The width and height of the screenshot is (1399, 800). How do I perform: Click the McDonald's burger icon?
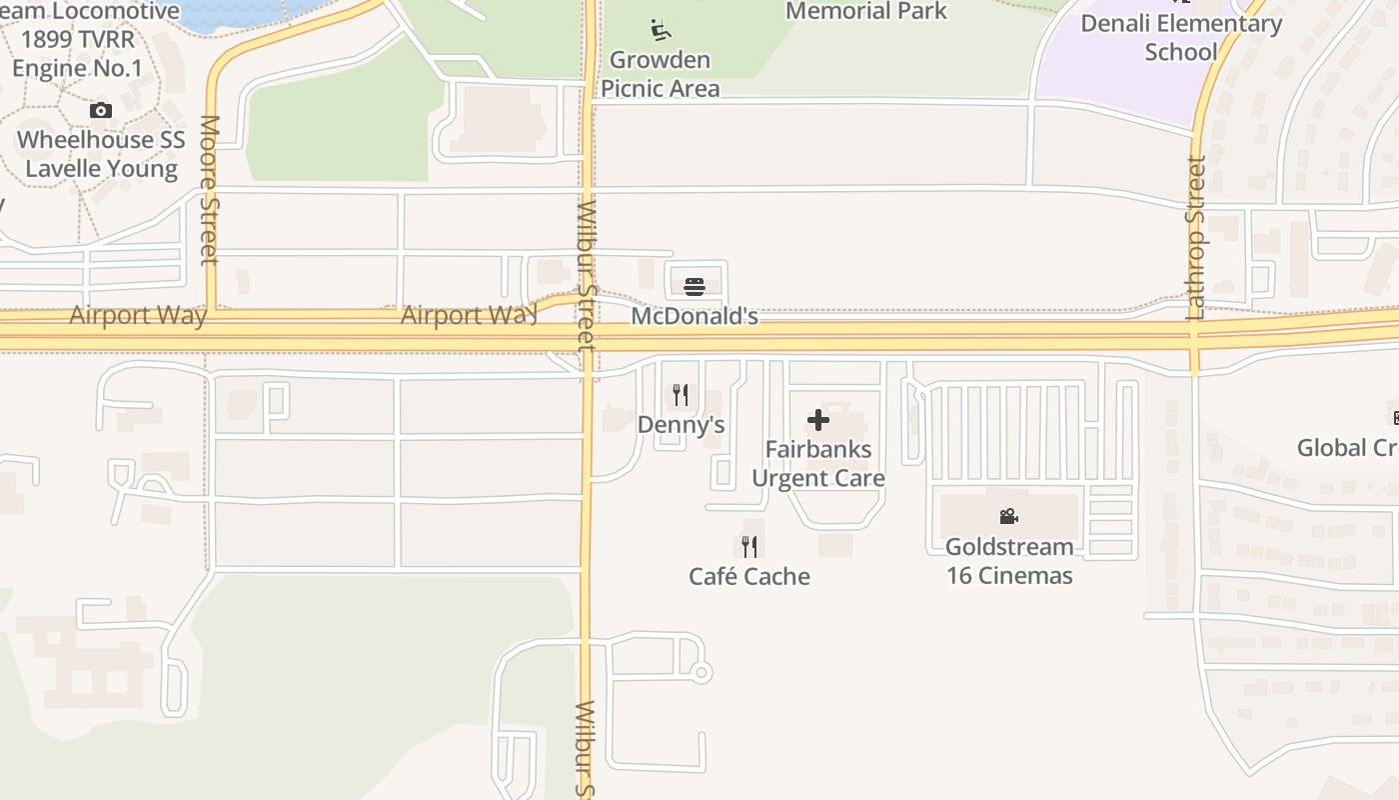(695, 287)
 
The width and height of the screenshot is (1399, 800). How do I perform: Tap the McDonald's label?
(695, 316)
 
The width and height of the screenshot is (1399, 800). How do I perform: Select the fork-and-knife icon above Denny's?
(681, 395)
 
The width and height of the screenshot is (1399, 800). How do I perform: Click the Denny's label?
(681, 424)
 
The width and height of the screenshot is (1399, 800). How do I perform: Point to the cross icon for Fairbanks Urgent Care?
(818, 420)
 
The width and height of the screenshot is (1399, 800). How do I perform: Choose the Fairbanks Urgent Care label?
(818, 463)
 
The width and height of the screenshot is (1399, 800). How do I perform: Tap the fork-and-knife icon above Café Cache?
(749, 546)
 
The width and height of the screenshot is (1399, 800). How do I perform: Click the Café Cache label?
(749, 576)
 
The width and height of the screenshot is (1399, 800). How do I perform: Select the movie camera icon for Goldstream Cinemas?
(1008, 516)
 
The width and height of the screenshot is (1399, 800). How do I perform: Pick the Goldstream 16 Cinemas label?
(1009, 561)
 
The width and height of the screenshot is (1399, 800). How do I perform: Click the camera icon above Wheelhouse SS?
(101, 110)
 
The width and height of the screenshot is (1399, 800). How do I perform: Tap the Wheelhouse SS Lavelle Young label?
(101, 154)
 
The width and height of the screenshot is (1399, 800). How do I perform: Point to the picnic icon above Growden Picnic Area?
(661, 30)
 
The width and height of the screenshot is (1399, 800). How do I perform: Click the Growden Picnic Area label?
(660, 74)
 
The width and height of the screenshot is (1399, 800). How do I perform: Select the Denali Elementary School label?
(1181, 37)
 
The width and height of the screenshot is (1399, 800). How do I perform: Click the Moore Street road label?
(210, 190)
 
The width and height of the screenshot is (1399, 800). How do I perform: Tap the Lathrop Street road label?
(1196, 237)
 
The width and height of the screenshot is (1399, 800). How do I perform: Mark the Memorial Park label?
(866, 11)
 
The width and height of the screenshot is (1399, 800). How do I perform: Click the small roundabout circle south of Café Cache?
(700, 673)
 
